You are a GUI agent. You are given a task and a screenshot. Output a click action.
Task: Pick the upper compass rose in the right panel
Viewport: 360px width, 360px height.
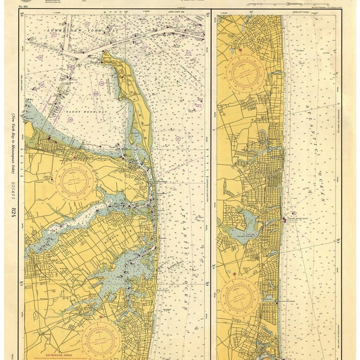pos(245,75)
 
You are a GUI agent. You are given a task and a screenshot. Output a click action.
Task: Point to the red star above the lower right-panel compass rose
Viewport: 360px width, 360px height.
pos(243,274)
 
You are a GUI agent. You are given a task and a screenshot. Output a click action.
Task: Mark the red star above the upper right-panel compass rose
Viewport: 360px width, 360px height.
pos(241,49)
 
